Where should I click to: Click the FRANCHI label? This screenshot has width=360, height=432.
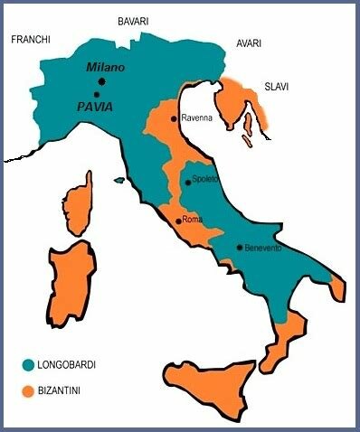click(x=30, y=40)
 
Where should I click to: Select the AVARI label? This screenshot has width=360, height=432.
click(x=249, y=42)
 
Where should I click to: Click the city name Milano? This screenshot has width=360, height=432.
click(x=105, y=68)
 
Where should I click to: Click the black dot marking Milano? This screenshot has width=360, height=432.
click(x=101, y=81)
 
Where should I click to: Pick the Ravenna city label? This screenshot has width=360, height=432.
click(x=197, y=118)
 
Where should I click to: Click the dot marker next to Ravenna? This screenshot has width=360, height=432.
click(x=174, y=118)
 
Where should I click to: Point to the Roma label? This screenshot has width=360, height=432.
click(x=192, y=220)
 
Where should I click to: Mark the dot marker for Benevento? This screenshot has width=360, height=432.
click(x=239, y=247)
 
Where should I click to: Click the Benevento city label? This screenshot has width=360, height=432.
click(x=263, y=247)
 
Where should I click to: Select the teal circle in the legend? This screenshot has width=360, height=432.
click(x=28, y=365)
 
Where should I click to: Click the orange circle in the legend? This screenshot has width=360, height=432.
click(x=28, y=391)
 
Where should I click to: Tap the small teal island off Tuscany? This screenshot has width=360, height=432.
click(x=118, y=181)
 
